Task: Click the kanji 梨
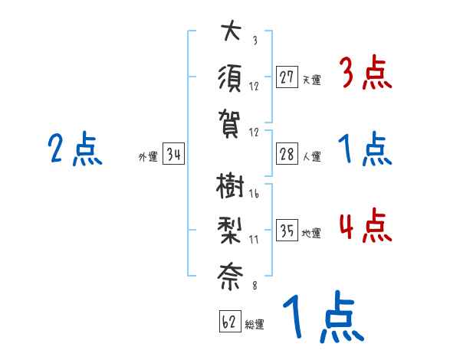pyautogui.click(x=229, y=231)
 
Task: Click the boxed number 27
pyautogui.click(x=287, y=77)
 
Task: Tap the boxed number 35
pyautogui.click(x=287, y=231)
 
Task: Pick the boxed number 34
pyautogui.click(x=173, y=155)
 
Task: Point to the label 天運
pyautogui.click(x=311, y=80)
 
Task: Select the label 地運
pyautogui.click(x=311, y=233)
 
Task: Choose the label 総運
pyautogui.click(x=255, y=324)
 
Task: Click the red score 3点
pyautogui.click(x=365, y=74)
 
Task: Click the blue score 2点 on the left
pyautogui.click(x=74, y=150)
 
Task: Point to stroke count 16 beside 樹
pyautogui.click(x=254, y=195)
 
